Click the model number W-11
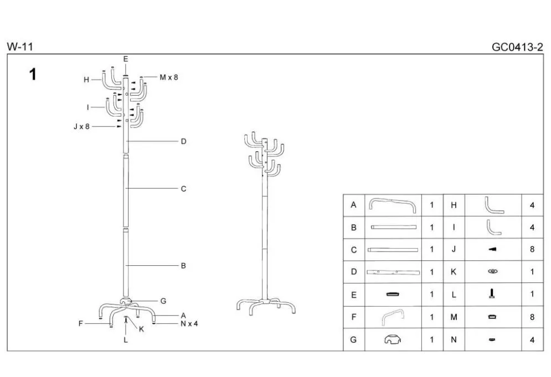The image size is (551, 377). click(20, 47)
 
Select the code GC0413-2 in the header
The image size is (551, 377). click(517, 47)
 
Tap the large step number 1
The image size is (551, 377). click(33, 74)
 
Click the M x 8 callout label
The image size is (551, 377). click(169, 77)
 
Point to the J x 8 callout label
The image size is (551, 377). click(81, 126)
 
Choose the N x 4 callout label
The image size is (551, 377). click(189, 323)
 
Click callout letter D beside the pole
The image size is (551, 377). click(183, 142)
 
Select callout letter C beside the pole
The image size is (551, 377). click(183, 189)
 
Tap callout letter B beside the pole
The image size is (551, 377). click(183, 266)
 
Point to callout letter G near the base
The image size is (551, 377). click(163, 301)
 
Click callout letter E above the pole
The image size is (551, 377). click(126, 59)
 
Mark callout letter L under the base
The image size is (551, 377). click(126, 341)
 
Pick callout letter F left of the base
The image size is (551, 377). click(81, 323)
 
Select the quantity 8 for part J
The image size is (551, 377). click(532, 249)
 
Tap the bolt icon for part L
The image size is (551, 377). click(492, 294)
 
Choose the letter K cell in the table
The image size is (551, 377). click(454, 272)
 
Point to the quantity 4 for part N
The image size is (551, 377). click(532, 339)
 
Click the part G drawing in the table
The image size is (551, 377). click(393, 339)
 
